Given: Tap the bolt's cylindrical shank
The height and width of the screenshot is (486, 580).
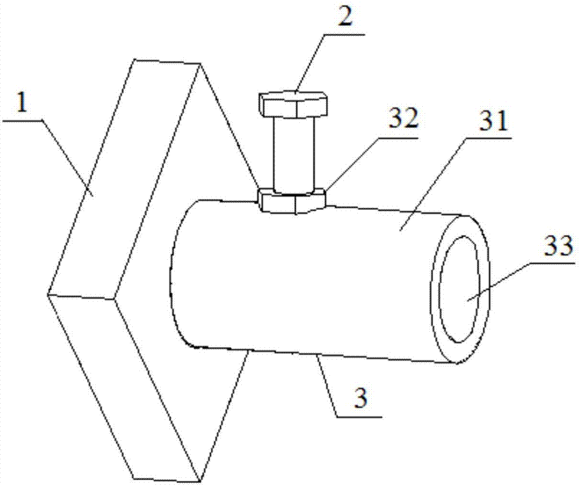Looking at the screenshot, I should [x=295, y=154].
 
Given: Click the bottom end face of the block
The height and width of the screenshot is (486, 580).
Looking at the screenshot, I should [x=157, y=389].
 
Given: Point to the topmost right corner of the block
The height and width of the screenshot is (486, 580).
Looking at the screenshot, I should [x=201, y=63].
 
